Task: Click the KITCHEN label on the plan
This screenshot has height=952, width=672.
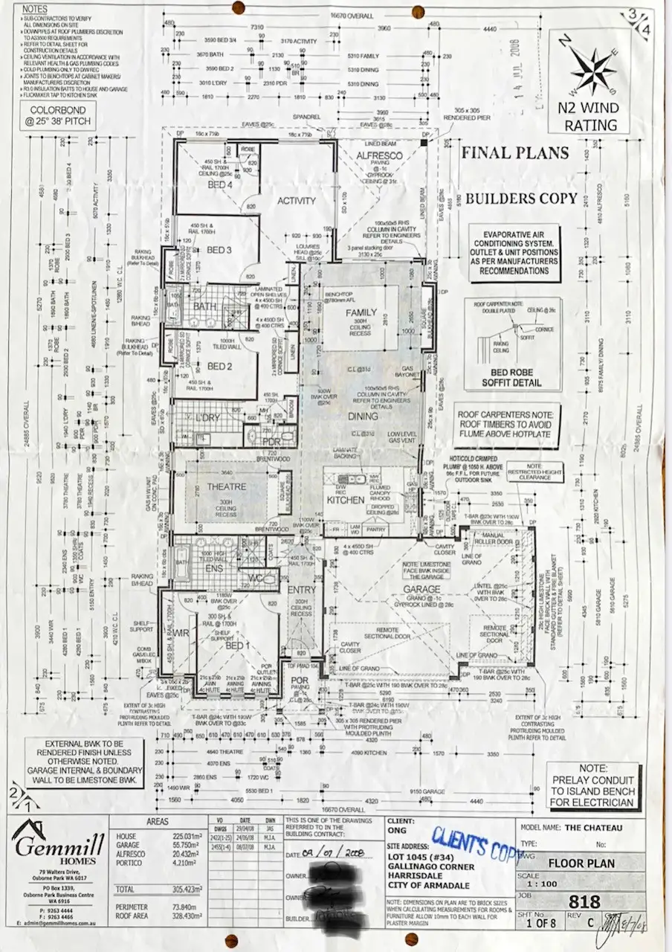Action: point(346,501)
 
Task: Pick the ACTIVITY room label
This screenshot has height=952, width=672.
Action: point(297,201)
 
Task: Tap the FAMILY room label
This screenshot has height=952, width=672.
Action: point(361,313)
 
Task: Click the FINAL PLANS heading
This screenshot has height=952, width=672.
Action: point(515,154)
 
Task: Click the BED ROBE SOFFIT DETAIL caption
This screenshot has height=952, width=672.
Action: point(511,377)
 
